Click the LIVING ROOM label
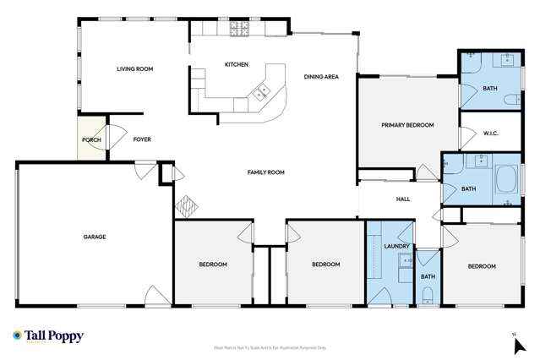click(134, 70)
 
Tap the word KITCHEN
click(236, 64)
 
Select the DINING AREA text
click(321, 77)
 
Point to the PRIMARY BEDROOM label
click(407, 125)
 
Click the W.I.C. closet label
click(494, 132)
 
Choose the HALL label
click(403, 199)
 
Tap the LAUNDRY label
click(396, 247)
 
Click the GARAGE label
click(94, 237)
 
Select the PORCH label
click(91, 139)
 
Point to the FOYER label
click(142, 139)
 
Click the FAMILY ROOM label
click(265, 172)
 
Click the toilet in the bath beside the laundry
click(428, 294)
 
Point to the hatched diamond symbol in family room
click(185, 206)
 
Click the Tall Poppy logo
click(47, 336)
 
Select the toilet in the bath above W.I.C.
click(513, 98)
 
